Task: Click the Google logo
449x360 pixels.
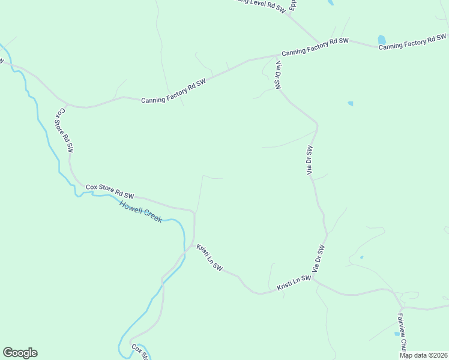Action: pyautogui.click(x=20, y=353)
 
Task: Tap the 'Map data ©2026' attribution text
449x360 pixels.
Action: pyautogui.click(x=423, y=355)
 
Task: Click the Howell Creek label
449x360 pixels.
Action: pyautogui.click(x=140, y=212)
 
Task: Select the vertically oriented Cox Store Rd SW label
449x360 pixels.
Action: pyautogui.click(x=65, y=130)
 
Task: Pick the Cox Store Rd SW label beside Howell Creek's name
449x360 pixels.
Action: pyautogui.click(x=110, y=191)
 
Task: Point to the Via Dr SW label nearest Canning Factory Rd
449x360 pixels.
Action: pyautogui.click(x=278, y=75)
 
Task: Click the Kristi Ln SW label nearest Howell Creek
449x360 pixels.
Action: pyautogui.click(x=209, y=257)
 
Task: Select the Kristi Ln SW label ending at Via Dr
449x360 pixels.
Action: pyautogui.click(x=294, y=284)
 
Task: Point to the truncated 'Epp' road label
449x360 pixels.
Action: pyautogui.click(x=293, y=6)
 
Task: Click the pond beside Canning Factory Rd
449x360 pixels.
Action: pyautogui.click(x=381, y=40)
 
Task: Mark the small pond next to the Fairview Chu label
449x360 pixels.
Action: pyautogui.click(x=397, y=334)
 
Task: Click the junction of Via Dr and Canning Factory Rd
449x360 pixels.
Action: pyautogui.click(x=274, y=56)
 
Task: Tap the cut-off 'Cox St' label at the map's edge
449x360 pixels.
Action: pyautogui.click(x=140, y=352)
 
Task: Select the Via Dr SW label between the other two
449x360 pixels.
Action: pyautogui.click(x=310, y=160)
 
